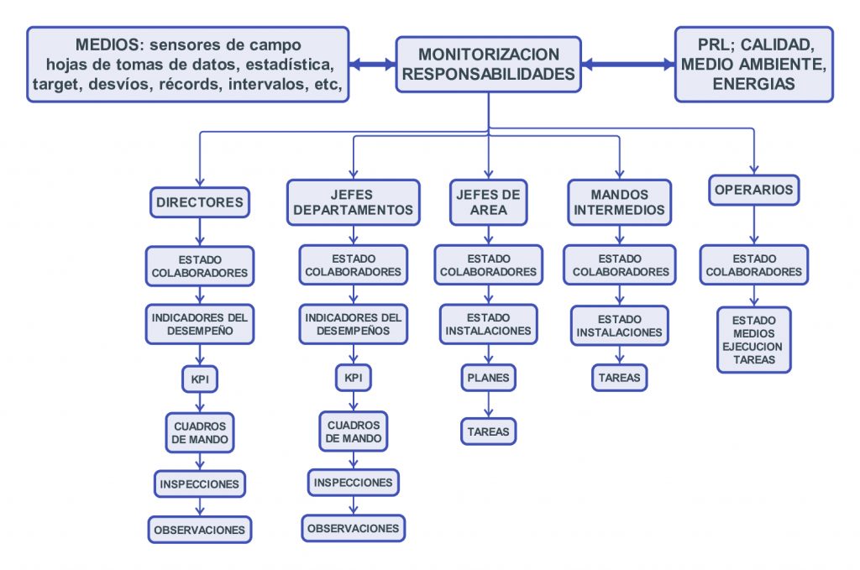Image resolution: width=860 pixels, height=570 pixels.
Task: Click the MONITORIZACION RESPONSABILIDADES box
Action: (488, 64)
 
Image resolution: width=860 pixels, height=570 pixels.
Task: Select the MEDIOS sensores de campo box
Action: (188, 64)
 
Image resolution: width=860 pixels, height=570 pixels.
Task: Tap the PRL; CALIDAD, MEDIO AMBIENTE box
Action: (754, 64)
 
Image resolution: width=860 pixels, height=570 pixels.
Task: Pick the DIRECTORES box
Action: (199, 201)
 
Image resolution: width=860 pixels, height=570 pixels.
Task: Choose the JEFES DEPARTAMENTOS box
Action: (354, 201)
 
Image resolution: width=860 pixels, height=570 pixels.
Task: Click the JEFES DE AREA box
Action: (488, 201)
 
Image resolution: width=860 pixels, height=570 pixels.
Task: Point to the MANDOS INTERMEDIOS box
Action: (619, 201)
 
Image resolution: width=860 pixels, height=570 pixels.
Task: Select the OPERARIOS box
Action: (753, 190)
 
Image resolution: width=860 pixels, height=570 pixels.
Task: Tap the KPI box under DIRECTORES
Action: (199, 379)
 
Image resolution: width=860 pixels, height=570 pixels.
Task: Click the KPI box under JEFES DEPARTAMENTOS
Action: (354, 378)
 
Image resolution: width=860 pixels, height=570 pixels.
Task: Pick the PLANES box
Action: (488, 378)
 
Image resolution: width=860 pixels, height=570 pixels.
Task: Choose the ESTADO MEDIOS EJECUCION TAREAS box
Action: (753, 340)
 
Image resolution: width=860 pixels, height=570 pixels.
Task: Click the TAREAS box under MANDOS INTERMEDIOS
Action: (619, 378)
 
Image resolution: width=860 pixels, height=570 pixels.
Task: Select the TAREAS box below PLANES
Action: (488, 431)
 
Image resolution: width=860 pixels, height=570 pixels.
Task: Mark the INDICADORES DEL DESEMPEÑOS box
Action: (354, 324)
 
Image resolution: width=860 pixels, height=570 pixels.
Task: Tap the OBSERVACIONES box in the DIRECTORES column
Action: (199, 530)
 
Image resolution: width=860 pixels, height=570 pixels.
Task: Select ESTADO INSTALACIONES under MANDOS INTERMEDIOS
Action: (619, 326)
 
